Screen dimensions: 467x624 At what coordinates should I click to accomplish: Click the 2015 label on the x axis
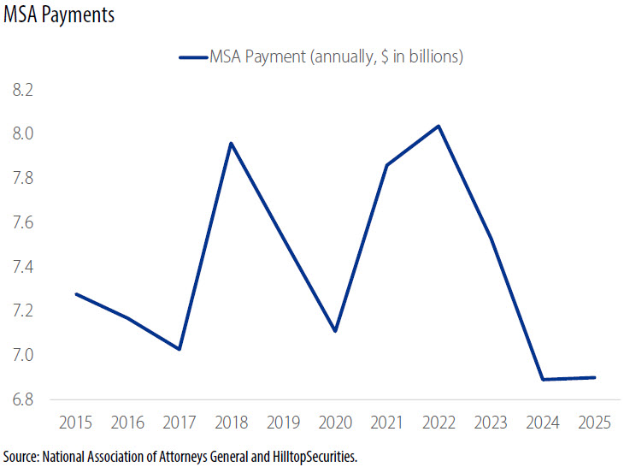[x=77, y=422]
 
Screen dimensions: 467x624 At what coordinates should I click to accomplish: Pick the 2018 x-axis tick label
[x=230, y=422]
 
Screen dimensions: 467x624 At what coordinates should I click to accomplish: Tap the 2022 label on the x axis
[x=439, y=422]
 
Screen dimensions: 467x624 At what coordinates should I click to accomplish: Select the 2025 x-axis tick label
[x=594, y=422]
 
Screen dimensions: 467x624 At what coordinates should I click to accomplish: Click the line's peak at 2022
[x=439, y=127]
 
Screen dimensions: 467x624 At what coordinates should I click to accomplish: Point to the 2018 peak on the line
[x=231, y=143]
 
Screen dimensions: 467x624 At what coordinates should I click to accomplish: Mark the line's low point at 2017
[x=180, y=349]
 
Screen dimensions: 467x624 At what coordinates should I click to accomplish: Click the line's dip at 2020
[x=334, y=331]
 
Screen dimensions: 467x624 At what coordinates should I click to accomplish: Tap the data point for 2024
[x=542, y=379]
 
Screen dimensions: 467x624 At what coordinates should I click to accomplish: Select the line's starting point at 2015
[x=77, y=294]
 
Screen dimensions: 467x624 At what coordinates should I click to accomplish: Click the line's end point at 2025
[x=594, y=377]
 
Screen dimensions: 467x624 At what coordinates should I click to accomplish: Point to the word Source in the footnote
[x=21, y=456]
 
